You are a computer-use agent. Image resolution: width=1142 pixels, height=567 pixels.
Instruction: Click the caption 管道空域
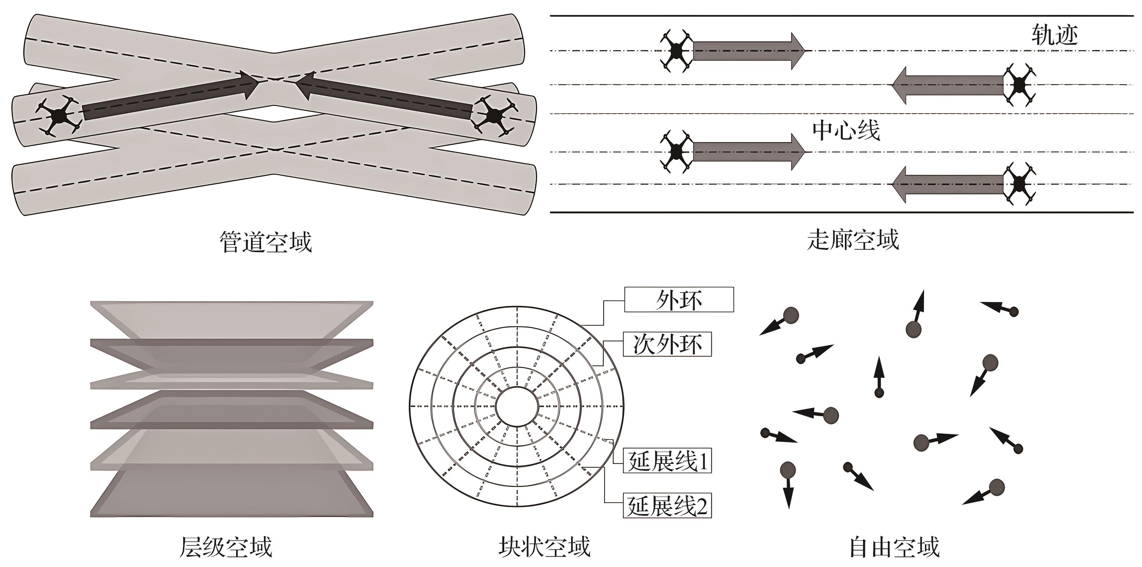266,242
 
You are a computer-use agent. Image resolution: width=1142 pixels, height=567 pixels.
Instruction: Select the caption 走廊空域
853,240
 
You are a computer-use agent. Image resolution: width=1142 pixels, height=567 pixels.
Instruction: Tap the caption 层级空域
226,547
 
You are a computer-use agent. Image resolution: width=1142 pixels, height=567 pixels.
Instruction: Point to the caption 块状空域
544,547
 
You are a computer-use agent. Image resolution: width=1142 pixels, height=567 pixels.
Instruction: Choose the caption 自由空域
894,547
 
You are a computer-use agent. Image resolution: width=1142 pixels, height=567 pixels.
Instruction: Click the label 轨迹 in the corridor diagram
1055,35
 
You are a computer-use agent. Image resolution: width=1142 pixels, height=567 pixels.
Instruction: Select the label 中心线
846,131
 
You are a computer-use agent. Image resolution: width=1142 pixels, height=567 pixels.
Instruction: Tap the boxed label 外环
679,300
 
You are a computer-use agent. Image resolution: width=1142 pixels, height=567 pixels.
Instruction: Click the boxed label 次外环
667,344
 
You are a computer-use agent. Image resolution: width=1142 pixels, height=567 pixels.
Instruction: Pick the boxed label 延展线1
667,461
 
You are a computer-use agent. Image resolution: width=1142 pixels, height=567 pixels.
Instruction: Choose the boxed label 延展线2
667,505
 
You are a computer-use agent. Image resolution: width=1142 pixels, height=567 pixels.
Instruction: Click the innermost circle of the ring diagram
517,406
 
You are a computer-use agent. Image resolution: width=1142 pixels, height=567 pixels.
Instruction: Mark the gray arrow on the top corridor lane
748,51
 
